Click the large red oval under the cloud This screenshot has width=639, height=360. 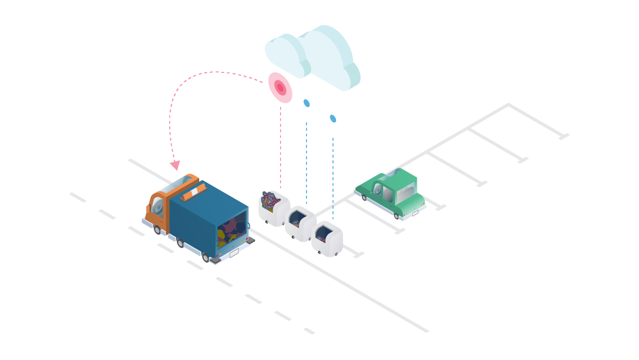280,87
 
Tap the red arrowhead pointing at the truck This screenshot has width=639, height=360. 175,165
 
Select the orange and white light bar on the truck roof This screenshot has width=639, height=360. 193,193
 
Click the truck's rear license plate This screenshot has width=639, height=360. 234,253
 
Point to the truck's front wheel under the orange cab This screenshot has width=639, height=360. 157,230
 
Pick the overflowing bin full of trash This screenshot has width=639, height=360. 274,207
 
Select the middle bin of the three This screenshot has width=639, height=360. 301,224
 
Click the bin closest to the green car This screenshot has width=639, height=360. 327,239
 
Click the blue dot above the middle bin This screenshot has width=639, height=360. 307,103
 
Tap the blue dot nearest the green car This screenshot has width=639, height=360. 333,119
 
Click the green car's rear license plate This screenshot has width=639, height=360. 415,213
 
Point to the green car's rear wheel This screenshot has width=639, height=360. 396,216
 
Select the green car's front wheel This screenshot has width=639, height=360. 364,198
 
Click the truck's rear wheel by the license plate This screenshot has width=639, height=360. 206,258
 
